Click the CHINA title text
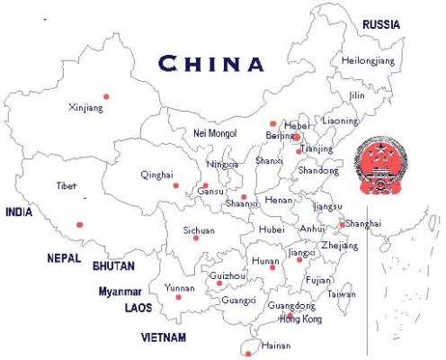pos(212,64)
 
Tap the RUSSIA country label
pos(381,25)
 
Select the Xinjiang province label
pos(86,108)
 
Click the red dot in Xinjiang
pos(106,95)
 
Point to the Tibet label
pos(67,185)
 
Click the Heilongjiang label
pos(368,60)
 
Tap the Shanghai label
pos(363,223)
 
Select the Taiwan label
pos(341,293)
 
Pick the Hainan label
pos(275,345)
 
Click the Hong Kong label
pos(300,319)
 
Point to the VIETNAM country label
pos(164,337)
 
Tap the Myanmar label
pos(120,292)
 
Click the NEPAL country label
pos(65,258)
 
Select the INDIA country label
pos(19,212)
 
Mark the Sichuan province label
pos(199,230)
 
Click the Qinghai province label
pos(156,175)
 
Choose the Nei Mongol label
pos(215,133)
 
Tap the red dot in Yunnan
pos(178,297)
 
